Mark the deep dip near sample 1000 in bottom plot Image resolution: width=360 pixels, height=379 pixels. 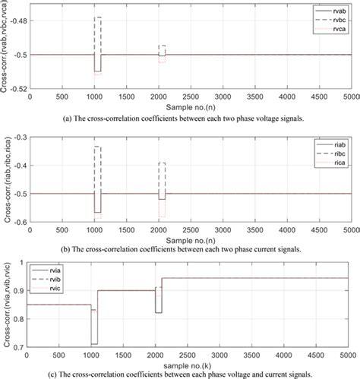pyautogui.click(x=94, y=344)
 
